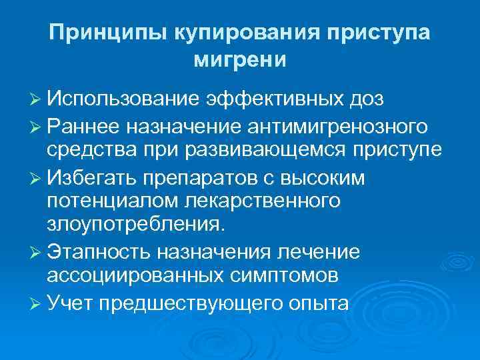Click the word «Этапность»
click(x=97, y=252)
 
